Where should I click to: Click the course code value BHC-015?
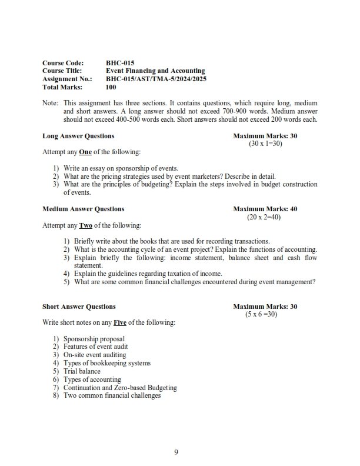pos(120,62)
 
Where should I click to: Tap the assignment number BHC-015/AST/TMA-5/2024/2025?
pos(156,79)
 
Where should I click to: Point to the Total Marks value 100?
pos(111,87)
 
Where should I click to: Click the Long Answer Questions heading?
pos(78,136)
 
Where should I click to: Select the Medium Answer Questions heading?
pos(83,209)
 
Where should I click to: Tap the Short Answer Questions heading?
pos(79,307)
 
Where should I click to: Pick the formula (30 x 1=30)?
pos(265,144)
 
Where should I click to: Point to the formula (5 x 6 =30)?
pos(261,314)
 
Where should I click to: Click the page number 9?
pos(176,452)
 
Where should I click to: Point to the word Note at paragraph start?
pos(49,103)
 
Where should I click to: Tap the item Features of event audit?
pos(95,347)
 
